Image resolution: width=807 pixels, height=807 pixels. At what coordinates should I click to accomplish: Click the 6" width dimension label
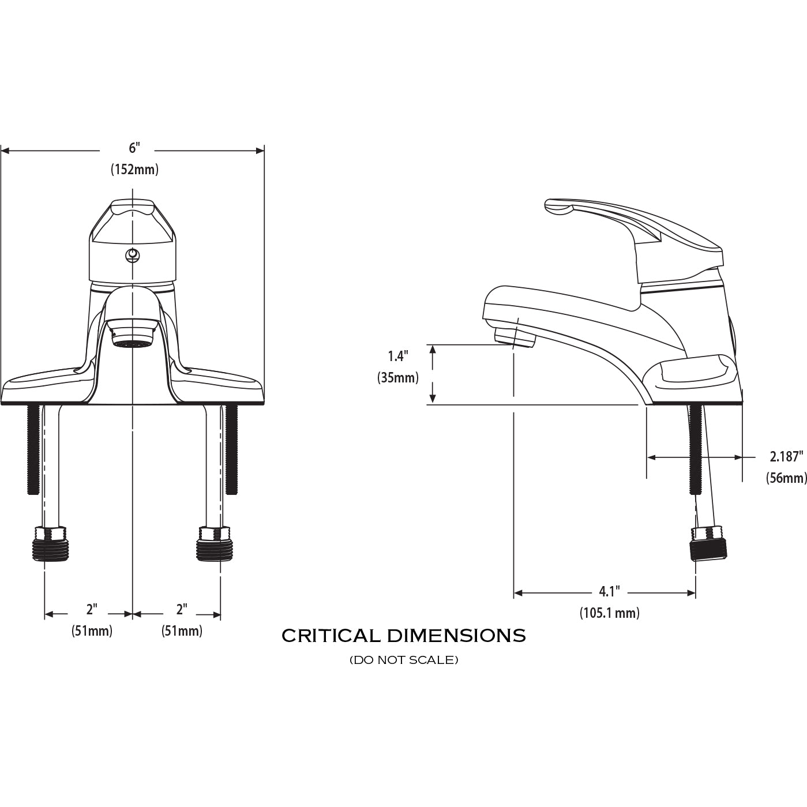(x=134, y=148)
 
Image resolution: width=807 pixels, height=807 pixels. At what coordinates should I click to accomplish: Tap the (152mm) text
(x=134, y=170)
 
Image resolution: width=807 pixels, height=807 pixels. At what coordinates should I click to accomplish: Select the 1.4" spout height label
(x=398, y=356)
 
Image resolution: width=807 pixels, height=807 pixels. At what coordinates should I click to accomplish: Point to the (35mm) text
(x=398, y=378)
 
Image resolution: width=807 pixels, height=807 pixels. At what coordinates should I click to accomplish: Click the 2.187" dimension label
(x=786, y=457)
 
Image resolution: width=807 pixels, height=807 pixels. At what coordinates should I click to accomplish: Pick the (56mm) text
(x=786, y=478)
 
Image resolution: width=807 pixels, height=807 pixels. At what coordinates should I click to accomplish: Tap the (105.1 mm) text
(x=609, y=613)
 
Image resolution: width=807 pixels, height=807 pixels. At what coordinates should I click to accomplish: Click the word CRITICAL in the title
(x=331, y=636)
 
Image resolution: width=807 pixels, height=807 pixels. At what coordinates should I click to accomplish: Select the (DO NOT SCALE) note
(x=404, y=660)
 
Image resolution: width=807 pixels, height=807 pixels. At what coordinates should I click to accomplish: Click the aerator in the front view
(x=133, y=343)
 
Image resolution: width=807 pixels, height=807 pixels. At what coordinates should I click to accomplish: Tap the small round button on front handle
(x=133, y=254)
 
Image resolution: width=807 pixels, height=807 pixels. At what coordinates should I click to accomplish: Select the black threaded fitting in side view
(x=709, y=543)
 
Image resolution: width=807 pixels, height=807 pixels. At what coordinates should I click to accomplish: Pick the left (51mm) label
(x=92, y=631)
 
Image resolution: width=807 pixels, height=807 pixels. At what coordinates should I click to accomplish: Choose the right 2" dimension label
(x=182, y=609)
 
